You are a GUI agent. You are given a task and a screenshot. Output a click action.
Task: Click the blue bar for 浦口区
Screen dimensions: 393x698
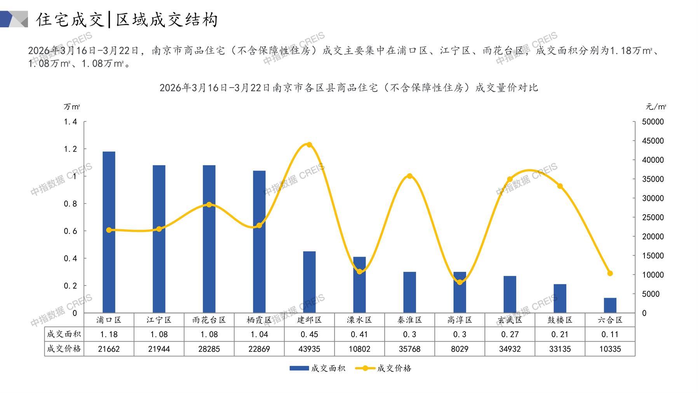[x=109, y=232]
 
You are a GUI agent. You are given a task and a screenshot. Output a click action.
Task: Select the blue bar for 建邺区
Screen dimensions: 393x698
[x=309, y=282]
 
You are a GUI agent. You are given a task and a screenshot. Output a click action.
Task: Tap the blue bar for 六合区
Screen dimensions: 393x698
[x=610, y=305]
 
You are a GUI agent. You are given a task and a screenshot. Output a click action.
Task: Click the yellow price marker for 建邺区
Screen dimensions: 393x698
[x=309, y=145]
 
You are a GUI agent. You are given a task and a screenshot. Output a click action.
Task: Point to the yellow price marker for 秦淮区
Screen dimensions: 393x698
[x=409, y=176]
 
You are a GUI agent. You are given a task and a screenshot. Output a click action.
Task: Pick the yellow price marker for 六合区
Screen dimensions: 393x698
[x=610, y=274]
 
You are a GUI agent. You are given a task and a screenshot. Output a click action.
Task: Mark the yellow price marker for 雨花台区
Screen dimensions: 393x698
[x=209, y=205]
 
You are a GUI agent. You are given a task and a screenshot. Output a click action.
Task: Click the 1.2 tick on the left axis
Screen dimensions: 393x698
[x=70, y=149]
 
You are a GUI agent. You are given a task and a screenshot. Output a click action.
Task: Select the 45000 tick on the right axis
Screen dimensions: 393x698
[x=653, y=141]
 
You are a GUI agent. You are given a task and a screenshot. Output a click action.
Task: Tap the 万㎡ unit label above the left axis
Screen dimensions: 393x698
[x=72, y=107]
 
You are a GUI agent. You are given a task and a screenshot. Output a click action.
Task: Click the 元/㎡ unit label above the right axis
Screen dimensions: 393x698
[x=656, y=107]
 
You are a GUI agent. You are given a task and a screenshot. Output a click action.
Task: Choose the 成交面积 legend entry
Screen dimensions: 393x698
[x=317, y=368]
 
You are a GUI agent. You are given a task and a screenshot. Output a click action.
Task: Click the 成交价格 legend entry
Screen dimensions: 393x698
[x=383, y=368]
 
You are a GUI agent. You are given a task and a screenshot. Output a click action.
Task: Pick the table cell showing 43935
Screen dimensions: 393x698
[x=309, y=349]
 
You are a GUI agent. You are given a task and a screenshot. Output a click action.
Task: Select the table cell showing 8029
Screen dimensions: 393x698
[x=460, y=349]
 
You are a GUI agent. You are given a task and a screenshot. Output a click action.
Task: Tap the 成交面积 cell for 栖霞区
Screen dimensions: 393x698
[x=259, y=334]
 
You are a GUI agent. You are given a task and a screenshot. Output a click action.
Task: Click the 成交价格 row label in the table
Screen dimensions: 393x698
[x=64, y=349]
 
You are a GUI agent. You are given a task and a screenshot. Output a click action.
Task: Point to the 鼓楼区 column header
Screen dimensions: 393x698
[x=560, y=320]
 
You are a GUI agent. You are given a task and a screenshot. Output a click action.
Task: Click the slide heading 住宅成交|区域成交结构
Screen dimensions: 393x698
[x=127, y=19]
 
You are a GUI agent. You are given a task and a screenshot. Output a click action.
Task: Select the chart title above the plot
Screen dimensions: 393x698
[x=348, y=88]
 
